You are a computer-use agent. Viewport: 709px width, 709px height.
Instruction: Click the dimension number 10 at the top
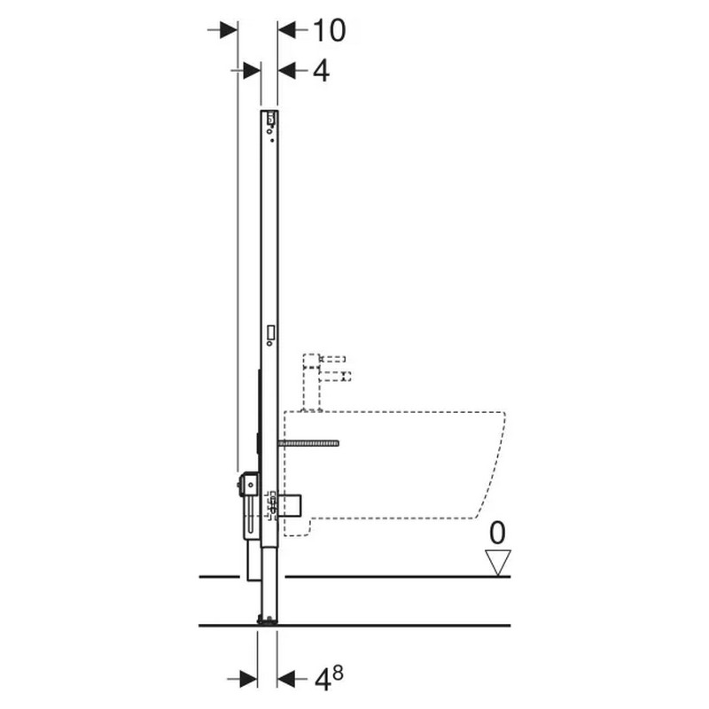point(329,31)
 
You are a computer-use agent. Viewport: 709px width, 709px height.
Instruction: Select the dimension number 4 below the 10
point(321,71)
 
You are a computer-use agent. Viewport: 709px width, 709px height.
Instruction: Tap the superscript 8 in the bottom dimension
point(338,674)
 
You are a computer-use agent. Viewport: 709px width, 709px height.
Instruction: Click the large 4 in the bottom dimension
point(322,680)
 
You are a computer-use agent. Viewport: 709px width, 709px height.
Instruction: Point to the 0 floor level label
point(497,533)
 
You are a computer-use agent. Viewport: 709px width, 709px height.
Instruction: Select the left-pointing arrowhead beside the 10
point(286,30)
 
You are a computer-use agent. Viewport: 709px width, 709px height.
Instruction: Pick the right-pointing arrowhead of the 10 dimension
point(229,30)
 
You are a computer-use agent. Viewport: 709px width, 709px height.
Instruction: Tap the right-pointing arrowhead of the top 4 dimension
point(252,71)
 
